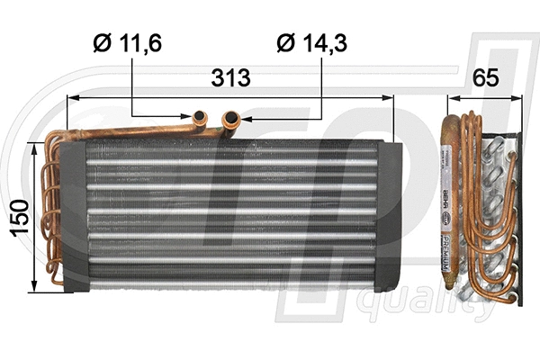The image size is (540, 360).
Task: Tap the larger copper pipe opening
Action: pyautogui.click(x=231, y=116)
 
